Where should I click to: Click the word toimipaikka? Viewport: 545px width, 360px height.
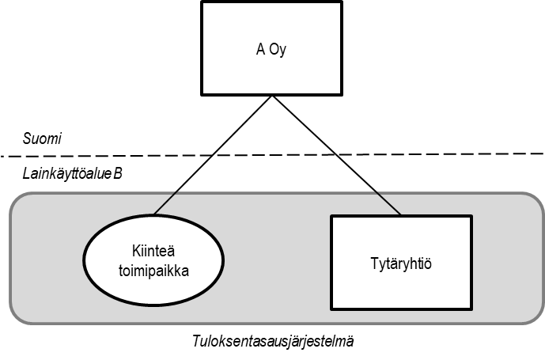point(154,270)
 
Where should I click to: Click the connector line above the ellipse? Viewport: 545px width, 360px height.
point(165,203)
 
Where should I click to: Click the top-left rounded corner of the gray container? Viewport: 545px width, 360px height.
point(17,199)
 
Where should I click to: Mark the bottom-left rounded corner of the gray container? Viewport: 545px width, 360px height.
point(17,316)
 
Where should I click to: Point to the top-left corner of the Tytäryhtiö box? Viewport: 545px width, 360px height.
point(331,216)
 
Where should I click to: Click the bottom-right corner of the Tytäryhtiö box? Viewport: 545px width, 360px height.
point(471,309)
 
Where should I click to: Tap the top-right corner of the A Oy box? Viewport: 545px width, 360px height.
point(339,5)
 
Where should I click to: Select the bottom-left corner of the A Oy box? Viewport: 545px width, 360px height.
point(204,93)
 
